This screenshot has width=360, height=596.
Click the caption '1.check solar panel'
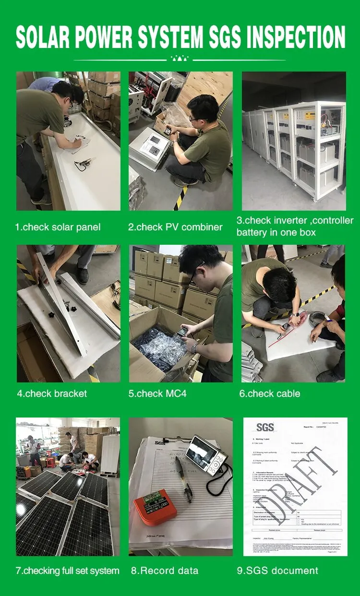(58, 227)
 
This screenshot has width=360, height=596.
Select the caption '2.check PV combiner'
(175, 227)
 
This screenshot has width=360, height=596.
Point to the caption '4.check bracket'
(52, 393)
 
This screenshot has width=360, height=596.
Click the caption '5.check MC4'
(157, 393)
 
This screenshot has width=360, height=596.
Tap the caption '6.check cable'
(269, 393)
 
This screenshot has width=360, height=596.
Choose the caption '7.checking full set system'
(67, 571)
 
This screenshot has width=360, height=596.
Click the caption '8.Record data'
(165, 571)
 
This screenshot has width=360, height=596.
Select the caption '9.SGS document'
(277, 571)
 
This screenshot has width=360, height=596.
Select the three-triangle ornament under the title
(180, 59)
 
